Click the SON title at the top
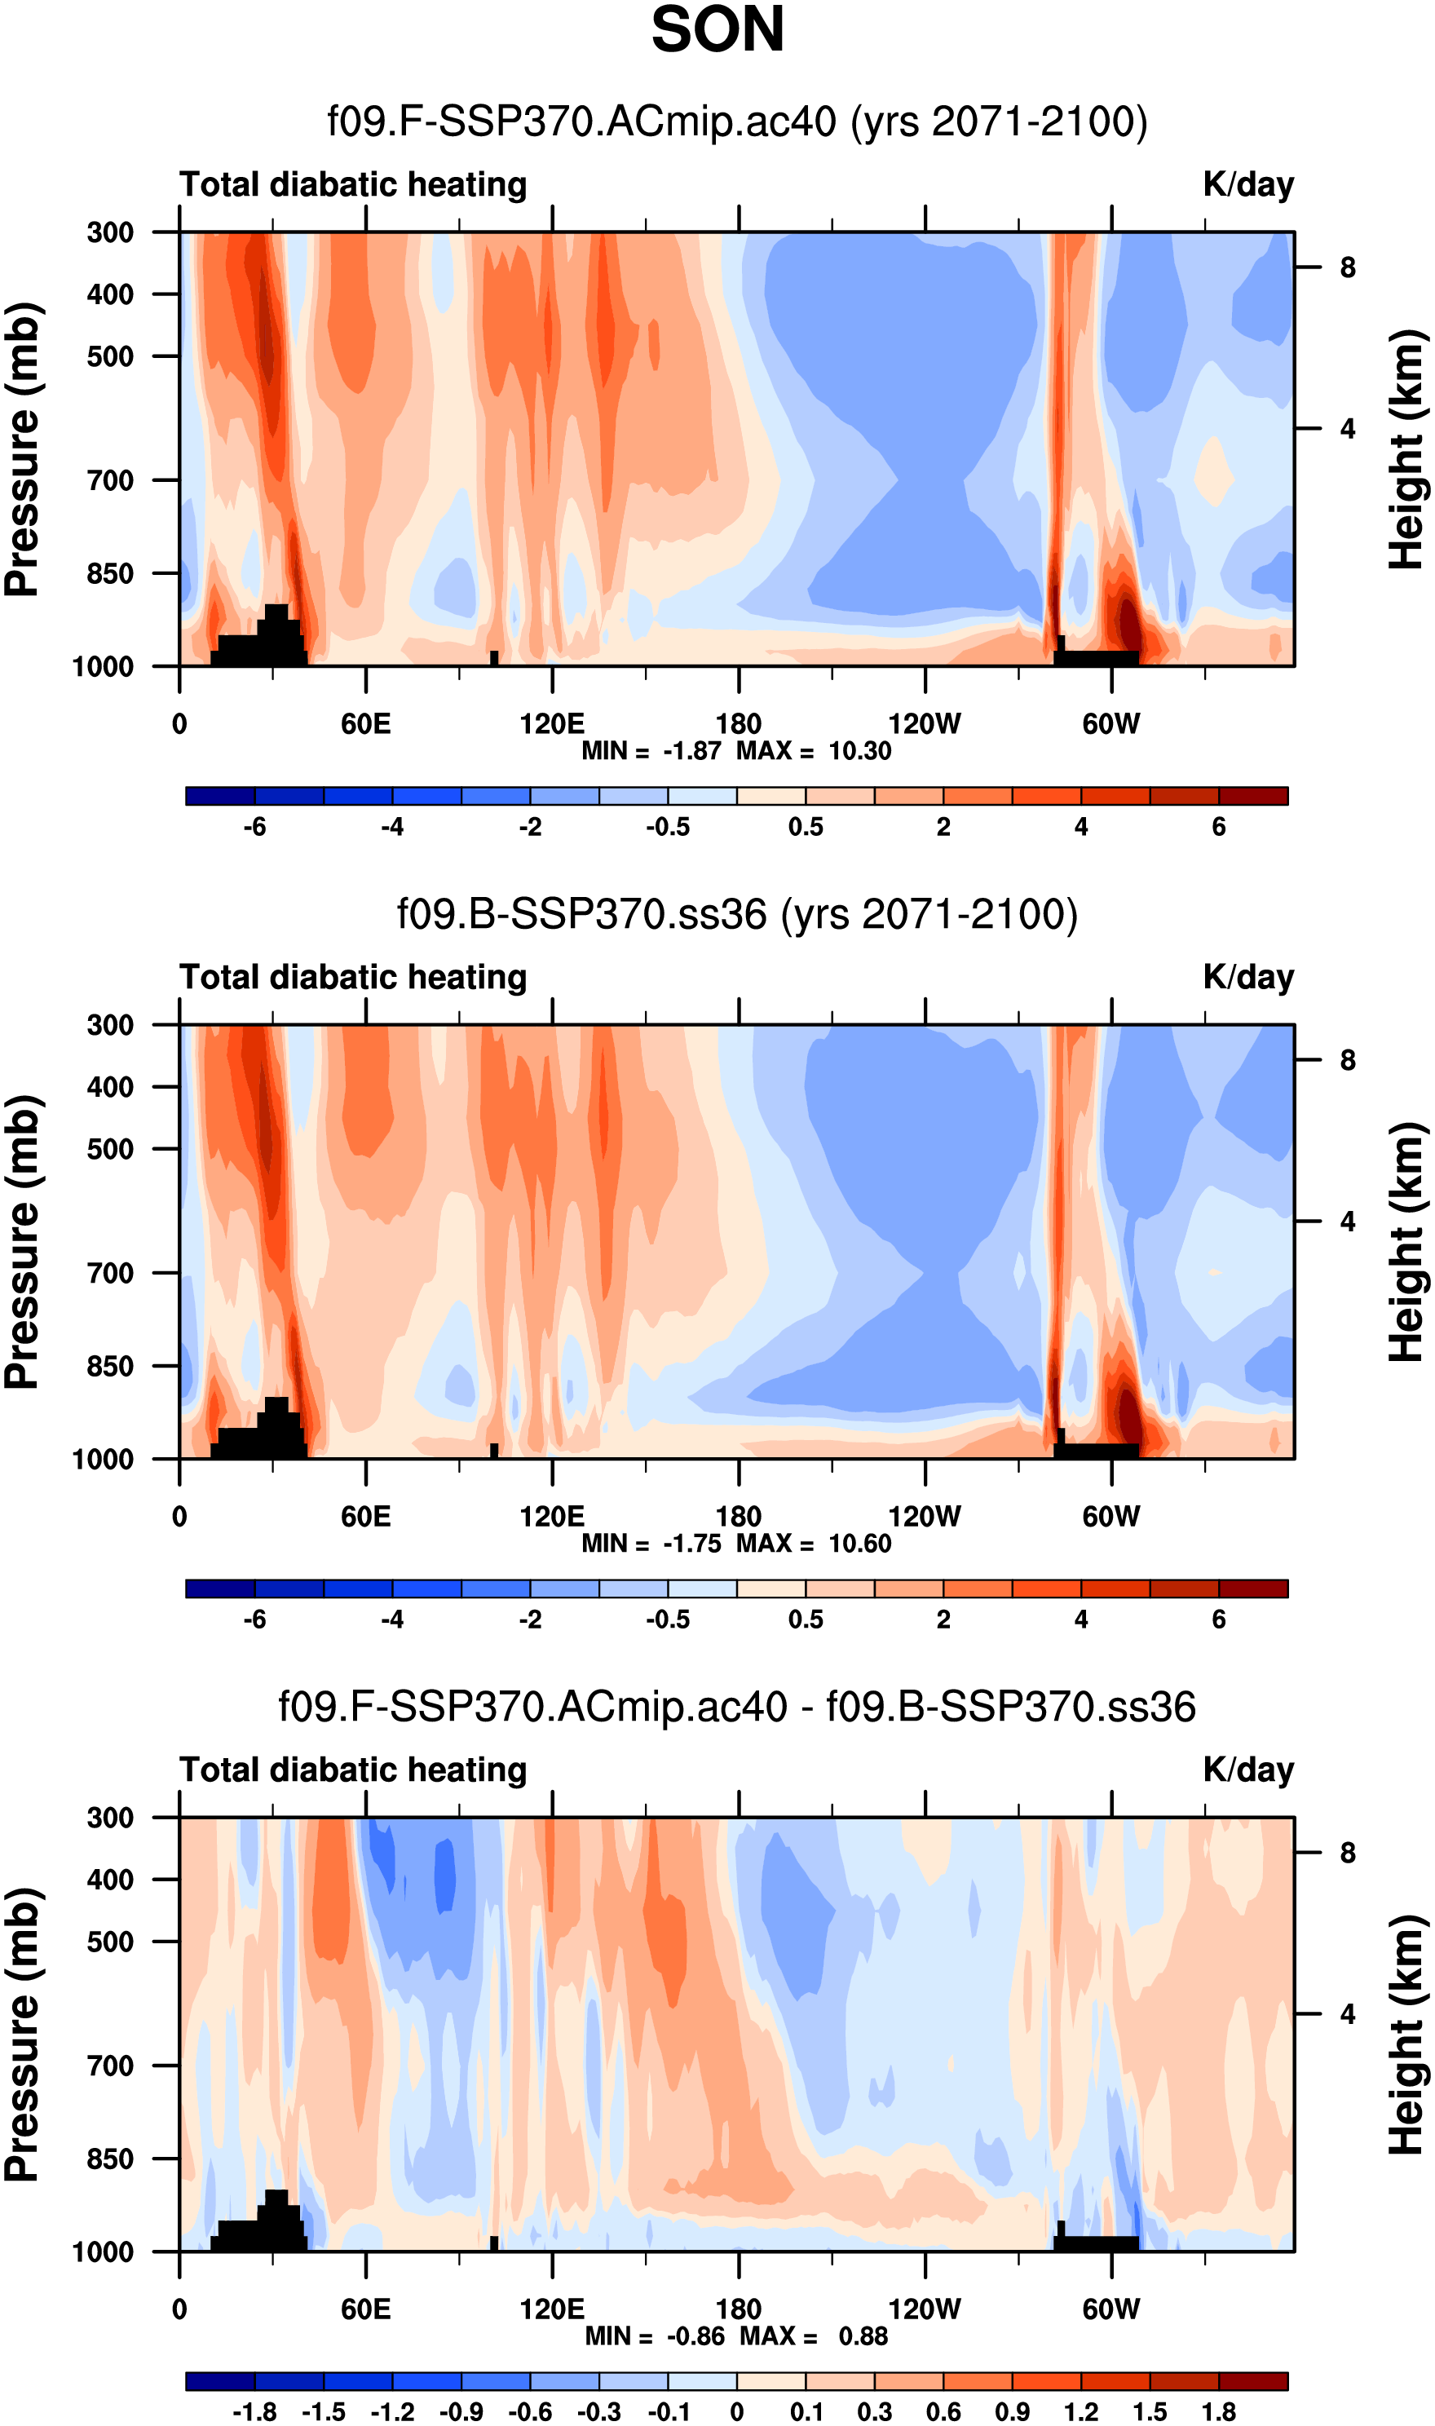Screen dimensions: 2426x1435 [x=717, y=31]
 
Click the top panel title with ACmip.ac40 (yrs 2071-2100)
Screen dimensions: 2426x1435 [x=737, y=122]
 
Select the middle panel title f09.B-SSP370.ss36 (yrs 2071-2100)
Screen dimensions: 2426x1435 [x=737, y=914]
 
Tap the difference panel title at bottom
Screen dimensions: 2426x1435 [x=737, y=1707]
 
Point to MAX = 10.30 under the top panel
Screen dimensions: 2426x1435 [x=813, y=751]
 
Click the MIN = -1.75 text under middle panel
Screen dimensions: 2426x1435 [x=651, y=1543]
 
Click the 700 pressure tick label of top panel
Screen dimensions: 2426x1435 [x=110, y=480]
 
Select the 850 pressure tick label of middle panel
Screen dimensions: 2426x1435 [x=110, y=1366]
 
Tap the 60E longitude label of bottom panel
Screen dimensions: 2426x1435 [x=365, y=2309]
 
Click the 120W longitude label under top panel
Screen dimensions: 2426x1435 [x=925, y=724]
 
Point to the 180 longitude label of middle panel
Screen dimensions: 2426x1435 [x=738, y=1516]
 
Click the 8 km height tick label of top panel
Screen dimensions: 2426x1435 [x=1347, y=267]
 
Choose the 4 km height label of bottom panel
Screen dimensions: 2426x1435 [x=1347, y=2014]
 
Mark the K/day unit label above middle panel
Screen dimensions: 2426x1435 [x=1247, y=978]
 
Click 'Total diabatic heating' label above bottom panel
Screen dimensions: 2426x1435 [x=353, y=1770]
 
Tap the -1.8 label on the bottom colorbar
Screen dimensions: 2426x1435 [x=254, y=2412]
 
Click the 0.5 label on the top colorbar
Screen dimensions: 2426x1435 [x=806, y=828]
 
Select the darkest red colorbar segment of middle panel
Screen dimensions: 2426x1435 [x=1253, y=1589]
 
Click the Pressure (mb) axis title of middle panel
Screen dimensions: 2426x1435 [x=23, y=1243]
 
